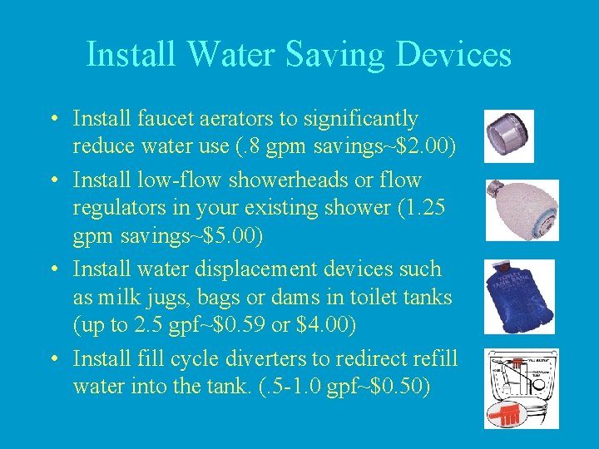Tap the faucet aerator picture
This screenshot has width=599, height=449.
click(x=508, y=134)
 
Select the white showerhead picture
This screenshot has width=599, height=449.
click(x=522, y=210)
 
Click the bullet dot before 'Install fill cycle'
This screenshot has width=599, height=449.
click(x=52, y=360)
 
